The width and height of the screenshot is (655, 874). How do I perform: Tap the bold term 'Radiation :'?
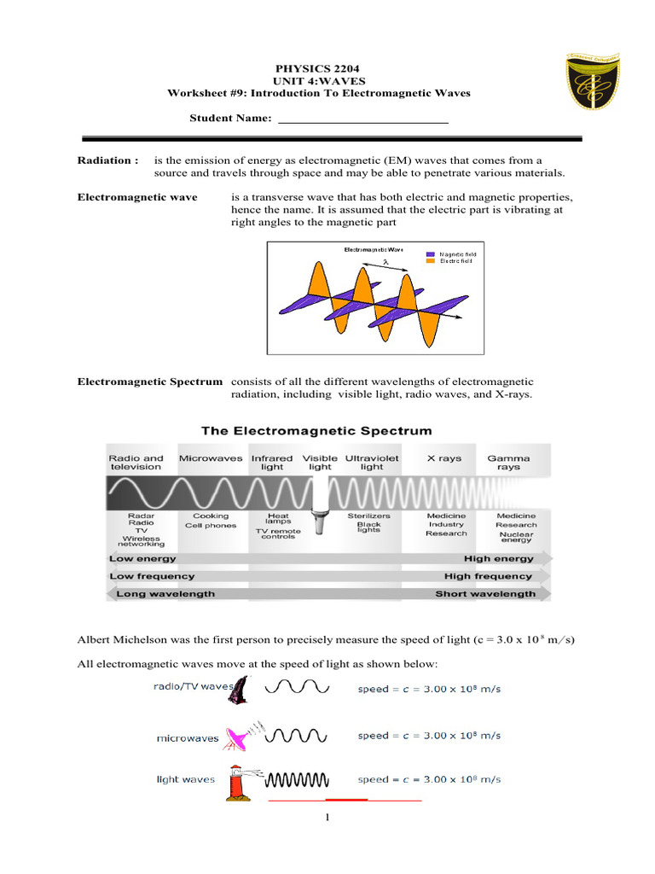click(x=107, y=160)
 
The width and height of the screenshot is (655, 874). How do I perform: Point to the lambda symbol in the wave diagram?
click(x=385, y=263)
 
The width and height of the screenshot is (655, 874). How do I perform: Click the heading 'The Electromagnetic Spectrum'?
click(x=316, y=430)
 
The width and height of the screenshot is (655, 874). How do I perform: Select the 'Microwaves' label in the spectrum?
click(x=210, y=458)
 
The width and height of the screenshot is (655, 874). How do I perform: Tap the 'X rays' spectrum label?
click(x=443, y=458)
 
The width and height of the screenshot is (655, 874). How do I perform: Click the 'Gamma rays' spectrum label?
click(x=508, y=463)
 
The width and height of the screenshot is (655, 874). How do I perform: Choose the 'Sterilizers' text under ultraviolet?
click(x=368, y=516)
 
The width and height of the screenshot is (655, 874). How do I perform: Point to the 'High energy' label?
click(x=499, y=559)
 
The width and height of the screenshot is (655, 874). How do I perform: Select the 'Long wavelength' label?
click(x=165, y=593)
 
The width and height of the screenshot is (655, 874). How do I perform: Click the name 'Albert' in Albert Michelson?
click(x=95, y=639)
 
